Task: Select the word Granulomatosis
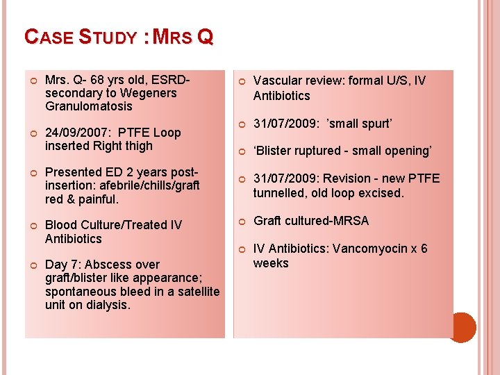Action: point(88,106)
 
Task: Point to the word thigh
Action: point(137,146)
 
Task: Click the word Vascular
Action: point(278,81)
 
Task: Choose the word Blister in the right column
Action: point(276,151)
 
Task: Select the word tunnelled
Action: point(281,192)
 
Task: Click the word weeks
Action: point(271,262)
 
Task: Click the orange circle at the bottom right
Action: point(461,327)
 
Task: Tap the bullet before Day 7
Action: point(31,265)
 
